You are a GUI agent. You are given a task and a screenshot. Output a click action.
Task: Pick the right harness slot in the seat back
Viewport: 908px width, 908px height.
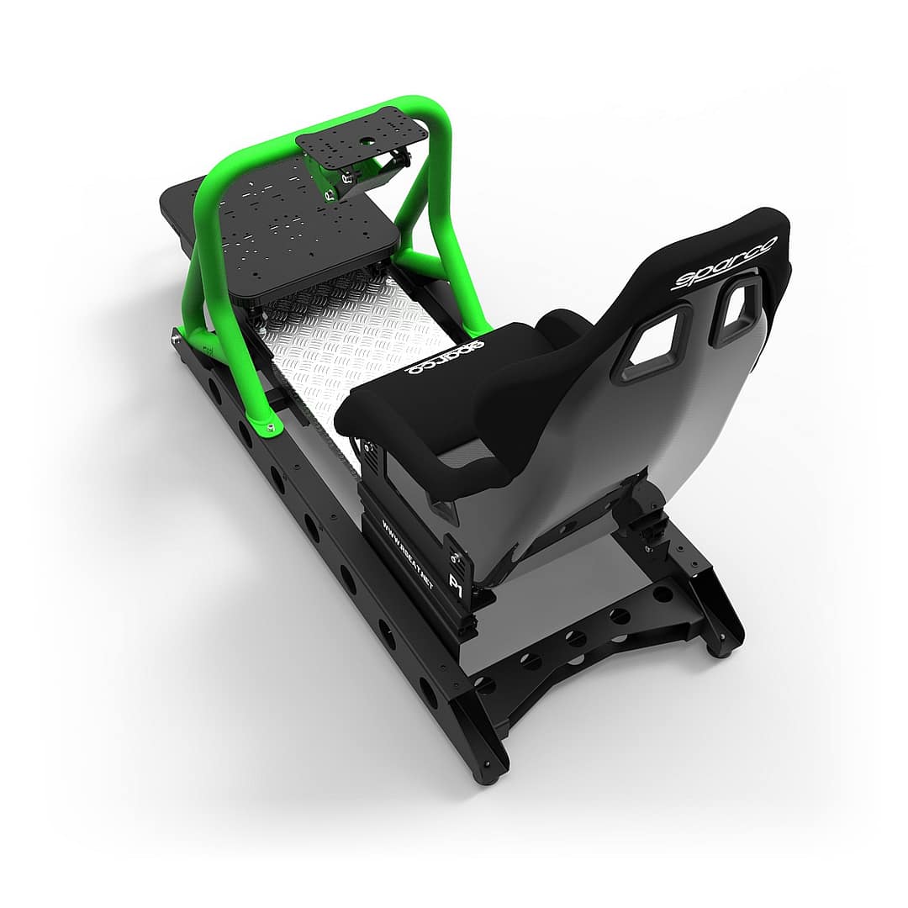pos(736,310)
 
